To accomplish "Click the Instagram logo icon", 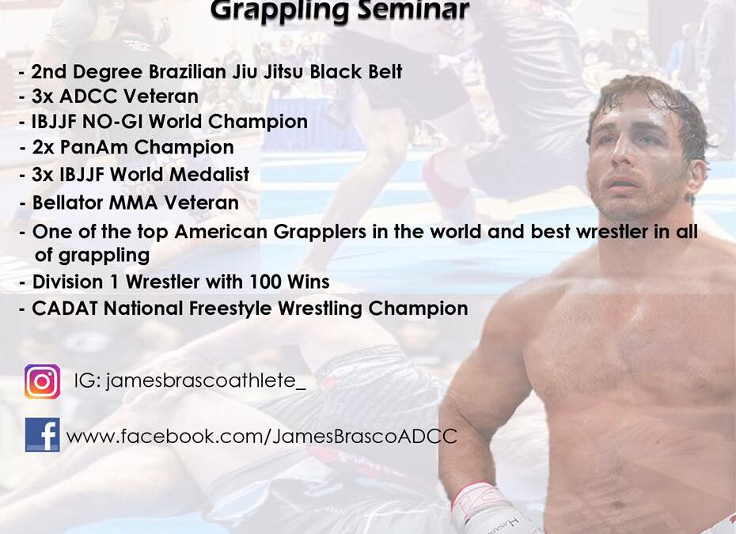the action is tap(42, 381).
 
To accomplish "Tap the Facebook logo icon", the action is tap(42, 434).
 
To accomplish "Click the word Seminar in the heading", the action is tap(413, 9).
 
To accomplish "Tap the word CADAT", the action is tap(65, 309).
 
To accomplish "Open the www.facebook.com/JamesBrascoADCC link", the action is tap(261, 437).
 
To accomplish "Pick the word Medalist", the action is tap(210, 174).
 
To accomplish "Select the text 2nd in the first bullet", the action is tap(48, 72).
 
